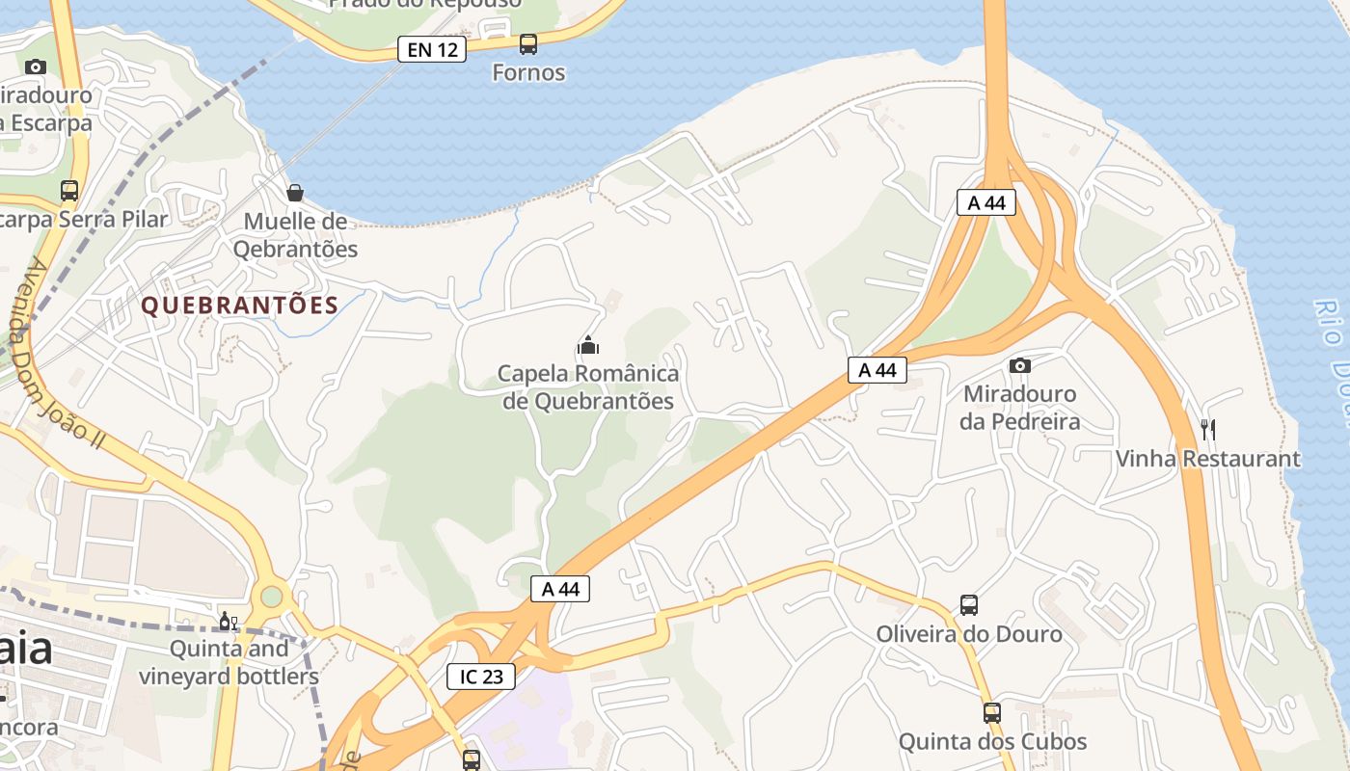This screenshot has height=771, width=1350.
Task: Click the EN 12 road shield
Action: pyautogui.click(x=432, y=49)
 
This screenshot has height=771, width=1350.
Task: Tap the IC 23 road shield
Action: pyautogui.click(x=481, y=677)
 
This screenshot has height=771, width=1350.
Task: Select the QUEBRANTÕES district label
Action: pyautogui.click(x=240, y=306)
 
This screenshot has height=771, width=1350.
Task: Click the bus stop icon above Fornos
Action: pyautogui.click(x=528, y=43)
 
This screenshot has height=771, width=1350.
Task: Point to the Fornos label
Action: pyautogui.click(x=528, y=72)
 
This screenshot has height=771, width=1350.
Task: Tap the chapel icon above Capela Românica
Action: pyautogui.click(x=588, y=344)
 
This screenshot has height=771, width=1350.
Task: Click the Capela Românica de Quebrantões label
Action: pyautogui.click(x=588, y=386)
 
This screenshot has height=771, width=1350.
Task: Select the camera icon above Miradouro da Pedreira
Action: pyautogui.click(x=1019, y=365)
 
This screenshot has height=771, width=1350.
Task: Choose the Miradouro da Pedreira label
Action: pyautogui.click(x=1019, y=408)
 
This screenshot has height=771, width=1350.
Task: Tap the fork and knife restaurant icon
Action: pyautogui.click(x=1207, y=429)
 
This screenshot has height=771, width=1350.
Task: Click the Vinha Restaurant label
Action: pyautogui.click(x=1207, y=459)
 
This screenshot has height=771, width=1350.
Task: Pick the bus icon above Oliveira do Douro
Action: pyautogui.click(x=969, y=605)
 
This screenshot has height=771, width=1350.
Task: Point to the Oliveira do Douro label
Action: pyautogui.click(x=969, y=634)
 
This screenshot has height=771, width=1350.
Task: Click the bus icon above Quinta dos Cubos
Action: pyautogui.click(x=992, y=713)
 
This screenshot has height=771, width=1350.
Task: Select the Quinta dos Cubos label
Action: pyautogui.click(x=992, y=742)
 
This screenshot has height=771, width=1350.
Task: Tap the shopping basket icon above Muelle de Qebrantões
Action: pyautogui.click(x=295, y=193)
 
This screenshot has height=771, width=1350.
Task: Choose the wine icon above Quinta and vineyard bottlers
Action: pyautogui.click(x=229, y=622)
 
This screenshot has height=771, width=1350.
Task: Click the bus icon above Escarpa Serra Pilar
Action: pyautogui.click(x=69, y=190)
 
